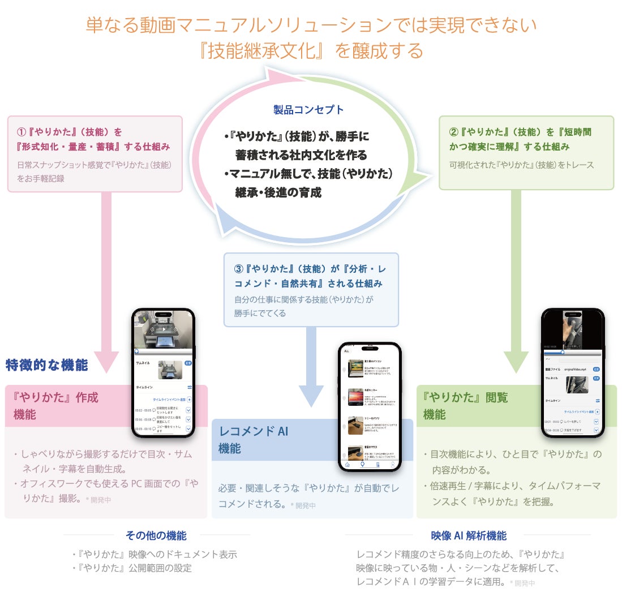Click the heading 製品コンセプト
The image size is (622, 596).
(x=308, y=110)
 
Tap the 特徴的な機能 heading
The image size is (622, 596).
(x=47, y=366)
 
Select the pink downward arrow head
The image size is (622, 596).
(x=106, y=361)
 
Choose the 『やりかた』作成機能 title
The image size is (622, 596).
(x=55, y=405)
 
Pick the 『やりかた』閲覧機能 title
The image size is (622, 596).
(x=465, y=405)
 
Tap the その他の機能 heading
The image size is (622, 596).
(x=156, y=535)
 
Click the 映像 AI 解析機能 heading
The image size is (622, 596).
(x=468, y=535)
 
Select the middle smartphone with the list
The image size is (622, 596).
(x=369, y=406)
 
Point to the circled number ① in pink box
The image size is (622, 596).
(x=22, y=132)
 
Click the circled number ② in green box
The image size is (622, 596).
(x=453, y=132)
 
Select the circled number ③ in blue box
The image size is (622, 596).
(x=239, y=268)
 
